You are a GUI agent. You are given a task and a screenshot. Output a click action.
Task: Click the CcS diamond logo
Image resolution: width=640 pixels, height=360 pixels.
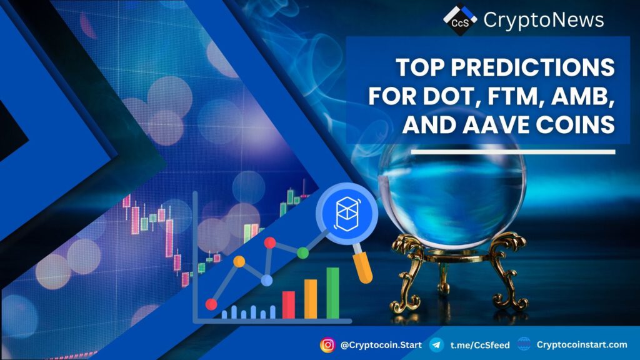[x=460, y=19]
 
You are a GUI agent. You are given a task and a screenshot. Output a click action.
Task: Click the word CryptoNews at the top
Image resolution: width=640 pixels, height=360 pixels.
[x=544, y=20]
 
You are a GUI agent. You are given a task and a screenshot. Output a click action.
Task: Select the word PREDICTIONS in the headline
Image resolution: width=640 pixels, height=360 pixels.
[x=532, y=67]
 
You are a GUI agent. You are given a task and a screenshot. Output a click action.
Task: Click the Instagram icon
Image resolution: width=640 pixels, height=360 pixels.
[x=327, y=345]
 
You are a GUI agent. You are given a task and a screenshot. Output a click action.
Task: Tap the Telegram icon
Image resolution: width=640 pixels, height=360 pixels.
[x=437, y=345]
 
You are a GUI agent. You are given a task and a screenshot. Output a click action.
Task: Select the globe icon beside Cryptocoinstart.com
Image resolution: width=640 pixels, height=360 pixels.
[x=524, y=344]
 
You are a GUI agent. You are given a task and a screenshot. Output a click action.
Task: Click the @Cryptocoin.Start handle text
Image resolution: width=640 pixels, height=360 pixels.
[x=381, y=345]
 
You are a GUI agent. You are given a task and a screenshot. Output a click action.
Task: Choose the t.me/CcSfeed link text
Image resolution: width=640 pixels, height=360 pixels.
[x=480, y=345]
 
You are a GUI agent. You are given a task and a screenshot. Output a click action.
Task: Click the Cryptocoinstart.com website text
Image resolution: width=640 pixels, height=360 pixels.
[x=582, y=344]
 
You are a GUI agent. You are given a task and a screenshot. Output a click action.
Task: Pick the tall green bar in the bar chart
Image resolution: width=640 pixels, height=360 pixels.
[x=332, y=293]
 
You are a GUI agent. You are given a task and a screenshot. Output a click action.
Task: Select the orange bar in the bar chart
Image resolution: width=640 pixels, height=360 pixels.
[x=311, y=299]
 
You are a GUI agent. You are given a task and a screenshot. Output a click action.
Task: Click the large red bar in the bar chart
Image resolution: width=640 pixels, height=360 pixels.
[x=289, y=305]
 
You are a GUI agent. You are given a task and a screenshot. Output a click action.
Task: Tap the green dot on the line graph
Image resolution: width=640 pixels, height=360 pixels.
[x=303, y=253]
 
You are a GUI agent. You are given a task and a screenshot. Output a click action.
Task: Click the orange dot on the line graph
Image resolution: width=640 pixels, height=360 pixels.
[x=239, y=261]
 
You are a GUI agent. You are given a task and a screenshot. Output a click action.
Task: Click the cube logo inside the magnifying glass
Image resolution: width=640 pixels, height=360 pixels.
[x=347, y=214]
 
